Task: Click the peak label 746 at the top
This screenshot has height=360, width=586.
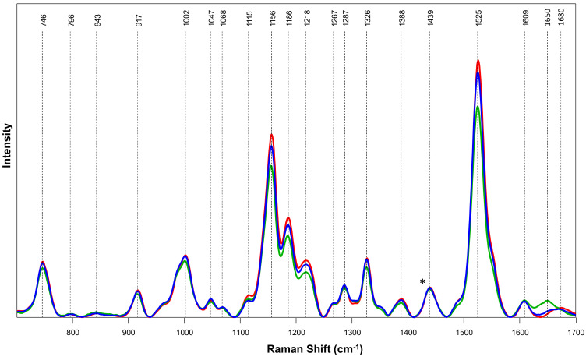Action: [x=43, y=20]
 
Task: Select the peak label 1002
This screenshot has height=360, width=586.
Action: [x=185, y=19]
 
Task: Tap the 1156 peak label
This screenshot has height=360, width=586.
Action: [x=272, y=19]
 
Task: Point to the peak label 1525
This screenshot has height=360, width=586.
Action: [x=478, y=19]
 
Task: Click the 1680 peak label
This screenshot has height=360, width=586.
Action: [x=561, y=19]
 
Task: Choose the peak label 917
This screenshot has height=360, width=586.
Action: [x=138, y=20]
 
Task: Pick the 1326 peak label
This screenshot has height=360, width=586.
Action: [x=367, y=19]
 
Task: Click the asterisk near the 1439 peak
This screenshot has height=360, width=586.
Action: [x=422, y=283]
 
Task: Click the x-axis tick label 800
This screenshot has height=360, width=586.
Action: [x=72, y=330]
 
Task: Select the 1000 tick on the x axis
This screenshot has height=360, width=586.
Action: [x=185, y=330]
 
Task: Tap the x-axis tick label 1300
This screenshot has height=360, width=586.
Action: [x=352, y=330]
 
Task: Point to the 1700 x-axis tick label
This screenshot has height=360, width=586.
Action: [x=574, y=330]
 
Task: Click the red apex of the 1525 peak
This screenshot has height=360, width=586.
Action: [x=478, y=60]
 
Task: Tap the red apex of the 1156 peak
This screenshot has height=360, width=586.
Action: [x=272, y=135]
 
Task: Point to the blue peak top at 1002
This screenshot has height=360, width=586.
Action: [x=185, y=256]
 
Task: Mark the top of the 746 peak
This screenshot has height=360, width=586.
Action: [x=43, y=263]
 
